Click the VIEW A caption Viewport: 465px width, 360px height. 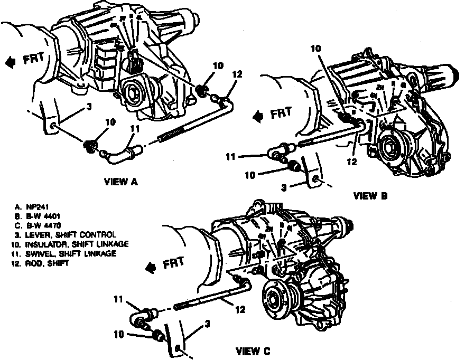click(121, 182)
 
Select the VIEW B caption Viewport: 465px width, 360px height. click(370, 196)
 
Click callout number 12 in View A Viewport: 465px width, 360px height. click(237, 74)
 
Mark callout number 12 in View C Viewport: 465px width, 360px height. click(240, 311)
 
